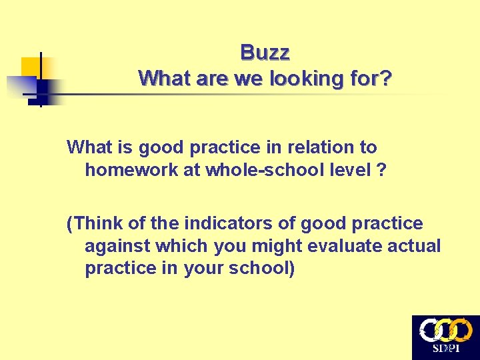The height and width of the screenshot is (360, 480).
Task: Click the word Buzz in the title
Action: point(265,52)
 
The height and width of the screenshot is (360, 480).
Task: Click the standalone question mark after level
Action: point(381,169)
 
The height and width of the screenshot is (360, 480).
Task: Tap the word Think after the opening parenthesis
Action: point(97,223)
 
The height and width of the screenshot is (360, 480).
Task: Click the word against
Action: point(118,246)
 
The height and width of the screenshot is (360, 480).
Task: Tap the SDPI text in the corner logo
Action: point(445,349)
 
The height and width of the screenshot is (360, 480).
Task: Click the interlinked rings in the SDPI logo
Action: point(445,330)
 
